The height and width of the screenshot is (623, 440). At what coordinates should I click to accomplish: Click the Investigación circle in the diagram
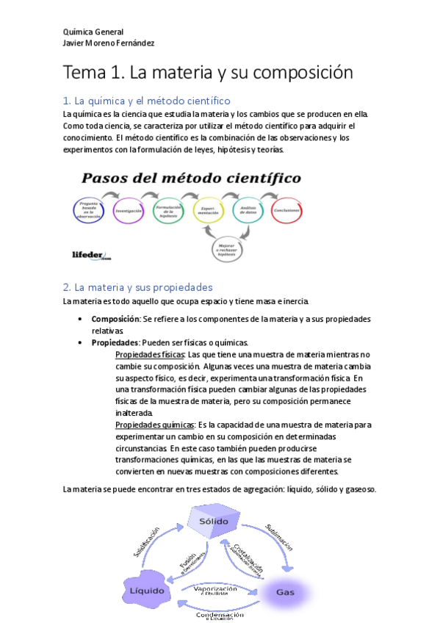[x=129, y=211]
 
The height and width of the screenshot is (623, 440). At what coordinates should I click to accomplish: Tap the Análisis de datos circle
[x=248, y=211]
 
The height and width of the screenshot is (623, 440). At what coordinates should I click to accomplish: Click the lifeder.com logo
[x=91, y=256]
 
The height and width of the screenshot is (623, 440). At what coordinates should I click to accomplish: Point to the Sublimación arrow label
[x=280, y=537]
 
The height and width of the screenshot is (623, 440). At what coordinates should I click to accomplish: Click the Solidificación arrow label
[x=145, y=542]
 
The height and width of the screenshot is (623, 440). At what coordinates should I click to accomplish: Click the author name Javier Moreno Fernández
[x=109, y=43]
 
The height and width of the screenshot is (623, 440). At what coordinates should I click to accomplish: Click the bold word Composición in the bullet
[x=115, y=319]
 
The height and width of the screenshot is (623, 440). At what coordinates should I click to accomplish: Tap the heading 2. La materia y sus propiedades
[x=137, y=287]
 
